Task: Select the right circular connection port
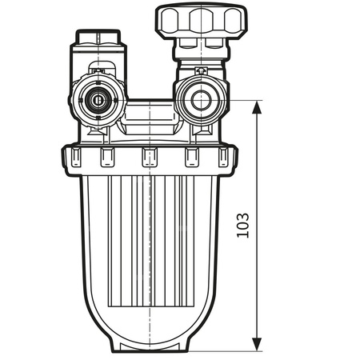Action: (x=196, y=100)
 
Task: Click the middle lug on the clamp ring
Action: (x=149, y=157)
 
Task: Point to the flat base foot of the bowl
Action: (x=150, y=347)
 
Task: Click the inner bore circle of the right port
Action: (x=196, y=100)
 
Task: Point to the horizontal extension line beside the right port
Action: (x=240, y=101)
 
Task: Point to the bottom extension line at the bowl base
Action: (x=232, y=351)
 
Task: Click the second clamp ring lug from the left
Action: (x=107, y=158)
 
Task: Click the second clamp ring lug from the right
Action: (x=191, y=158)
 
